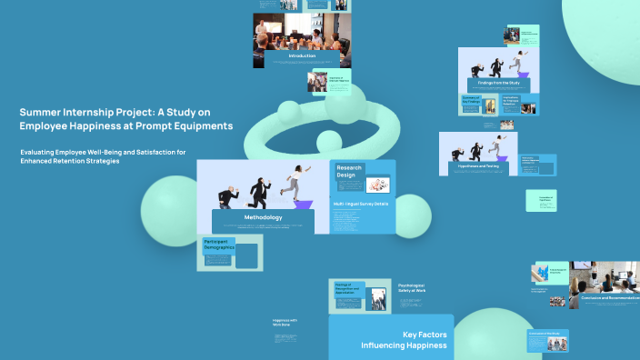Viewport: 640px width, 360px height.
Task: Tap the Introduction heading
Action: click(302, 56)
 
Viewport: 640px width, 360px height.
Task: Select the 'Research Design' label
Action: click(350, 171)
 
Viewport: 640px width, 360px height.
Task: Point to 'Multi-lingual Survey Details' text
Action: click(362, 205)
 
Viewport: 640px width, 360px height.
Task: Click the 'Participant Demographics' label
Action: click(218, 245)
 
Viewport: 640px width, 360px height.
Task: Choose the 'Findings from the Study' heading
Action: click(498, 83)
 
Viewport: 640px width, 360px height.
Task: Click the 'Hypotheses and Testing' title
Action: click(478, 166)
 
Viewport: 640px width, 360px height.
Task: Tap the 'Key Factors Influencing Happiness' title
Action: click(403, 340)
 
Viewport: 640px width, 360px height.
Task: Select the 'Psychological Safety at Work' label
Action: click(411, 288)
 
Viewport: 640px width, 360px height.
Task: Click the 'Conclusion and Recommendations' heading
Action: click(605, 297)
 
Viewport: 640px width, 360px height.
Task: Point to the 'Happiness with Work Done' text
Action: click(285, 322)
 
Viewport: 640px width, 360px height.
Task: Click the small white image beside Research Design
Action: click(379, 183)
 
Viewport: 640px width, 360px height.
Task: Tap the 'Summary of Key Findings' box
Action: click(471, 104)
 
